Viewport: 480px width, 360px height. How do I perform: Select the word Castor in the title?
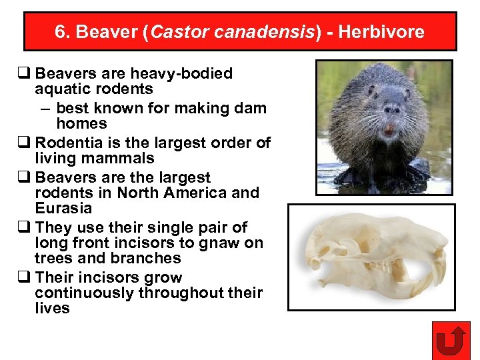click(175, 32)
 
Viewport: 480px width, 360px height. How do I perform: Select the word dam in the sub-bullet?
click(253, 108)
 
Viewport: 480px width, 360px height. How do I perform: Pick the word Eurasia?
click(63, 208)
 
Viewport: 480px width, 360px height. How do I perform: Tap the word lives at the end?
click(52, 308)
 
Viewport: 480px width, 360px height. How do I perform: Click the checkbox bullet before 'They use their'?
click(27, 228)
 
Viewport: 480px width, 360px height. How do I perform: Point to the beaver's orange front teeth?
click(389, 131)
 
